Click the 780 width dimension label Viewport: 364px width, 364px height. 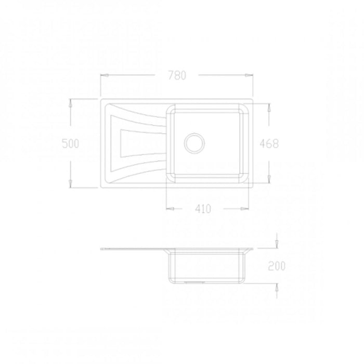(x=177, y=75)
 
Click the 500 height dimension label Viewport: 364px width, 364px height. (x=71, y=144)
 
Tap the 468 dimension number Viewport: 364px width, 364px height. (x=269, y=144)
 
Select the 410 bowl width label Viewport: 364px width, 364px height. (x=203, y=209)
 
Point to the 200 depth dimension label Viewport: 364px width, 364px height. (x=277, y=266)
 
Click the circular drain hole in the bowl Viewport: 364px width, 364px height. (x=194, y=143)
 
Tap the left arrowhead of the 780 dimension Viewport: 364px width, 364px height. (x=105, y=75)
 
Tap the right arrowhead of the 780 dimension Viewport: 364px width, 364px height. (x=249, y=75)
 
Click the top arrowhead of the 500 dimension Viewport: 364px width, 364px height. (x=71, y=103)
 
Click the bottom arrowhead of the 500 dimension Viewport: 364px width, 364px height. (x=71, y=184)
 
